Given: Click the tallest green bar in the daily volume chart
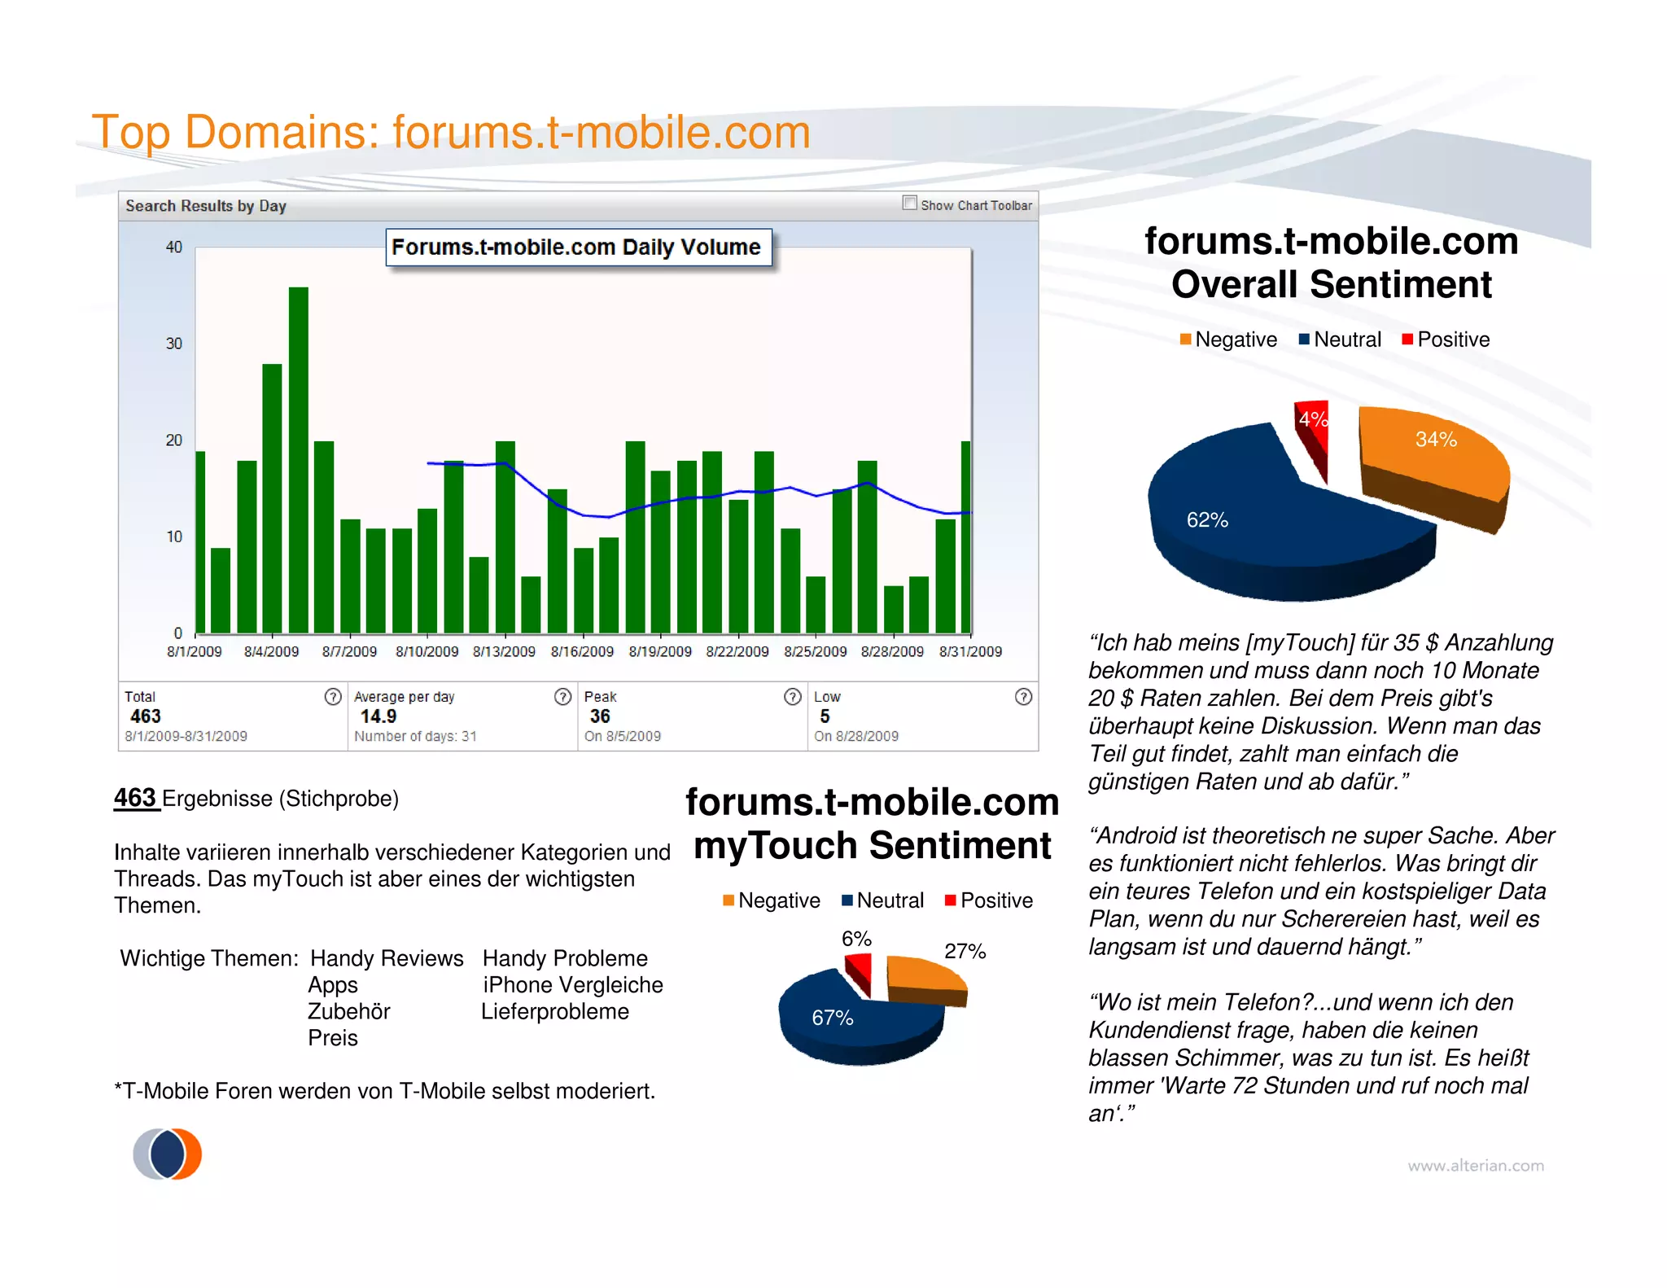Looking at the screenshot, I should pos(298,460).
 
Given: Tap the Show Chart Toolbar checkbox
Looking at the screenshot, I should pos(909,203).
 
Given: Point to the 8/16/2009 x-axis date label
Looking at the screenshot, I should pos(582,652).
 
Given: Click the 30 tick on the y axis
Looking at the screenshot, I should pos(174,344).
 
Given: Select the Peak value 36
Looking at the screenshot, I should pos(600,716).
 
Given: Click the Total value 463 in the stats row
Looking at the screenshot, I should pos(146,716).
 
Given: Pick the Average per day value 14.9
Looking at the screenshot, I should pos(378,716).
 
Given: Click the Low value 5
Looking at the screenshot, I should pos(825,716).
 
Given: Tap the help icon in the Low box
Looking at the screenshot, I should pos(1023,697).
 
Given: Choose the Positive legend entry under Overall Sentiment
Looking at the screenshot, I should pos(1446,340).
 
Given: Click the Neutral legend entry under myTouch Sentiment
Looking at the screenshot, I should pos(882,900).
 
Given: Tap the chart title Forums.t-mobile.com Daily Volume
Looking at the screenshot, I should pos(576,248).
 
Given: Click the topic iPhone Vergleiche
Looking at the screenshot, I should pos(573,985).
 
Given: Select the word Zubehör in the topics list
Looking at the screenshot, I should pos(349,1012).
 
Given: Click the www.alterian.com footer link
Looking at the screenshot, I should pos(1476,1166).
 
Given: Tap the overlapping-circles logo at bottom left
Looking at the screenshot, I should pos(168,1154).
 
